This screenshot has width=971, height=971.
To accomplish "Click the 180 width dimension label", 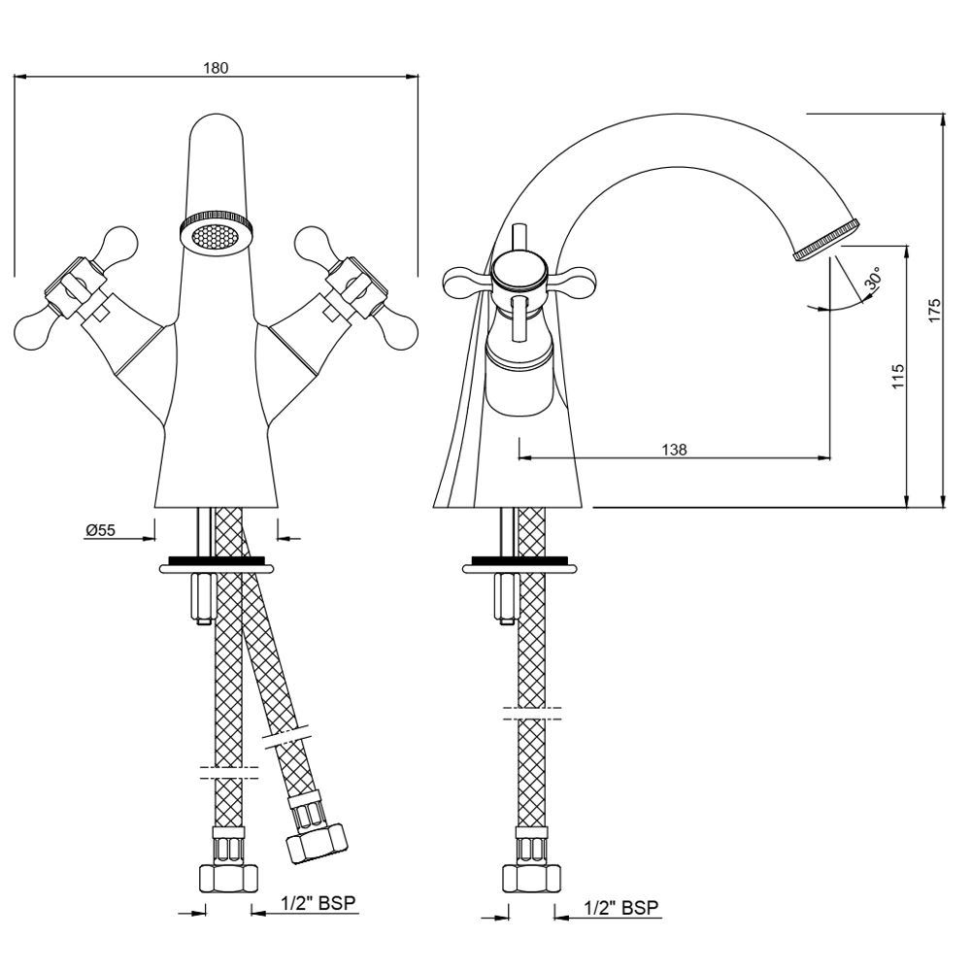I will [x=215, y=68].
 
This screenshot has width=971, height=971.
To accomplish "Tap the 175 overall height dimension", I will [x=933, y=310].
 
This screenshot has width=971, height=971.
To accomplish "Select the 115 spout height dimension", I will [x=897, y=377].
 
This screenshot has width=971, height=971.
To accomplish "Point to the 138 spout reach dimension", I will [x=674, y=450].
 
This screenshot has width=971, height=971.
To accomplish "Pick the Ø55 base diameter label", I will [x=100, y=530].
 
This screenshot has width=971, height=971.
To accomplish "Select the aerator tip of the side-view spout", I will [x=826, y=241].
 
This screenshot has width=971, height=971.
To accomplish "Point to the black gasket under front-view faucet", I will [x=216, y=560].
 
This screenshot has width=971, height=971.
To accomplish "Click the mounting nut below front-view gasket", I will [x=204, y=599].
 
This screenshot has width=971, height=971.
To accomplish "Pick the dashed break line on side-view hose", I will [x=532, y=716].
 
